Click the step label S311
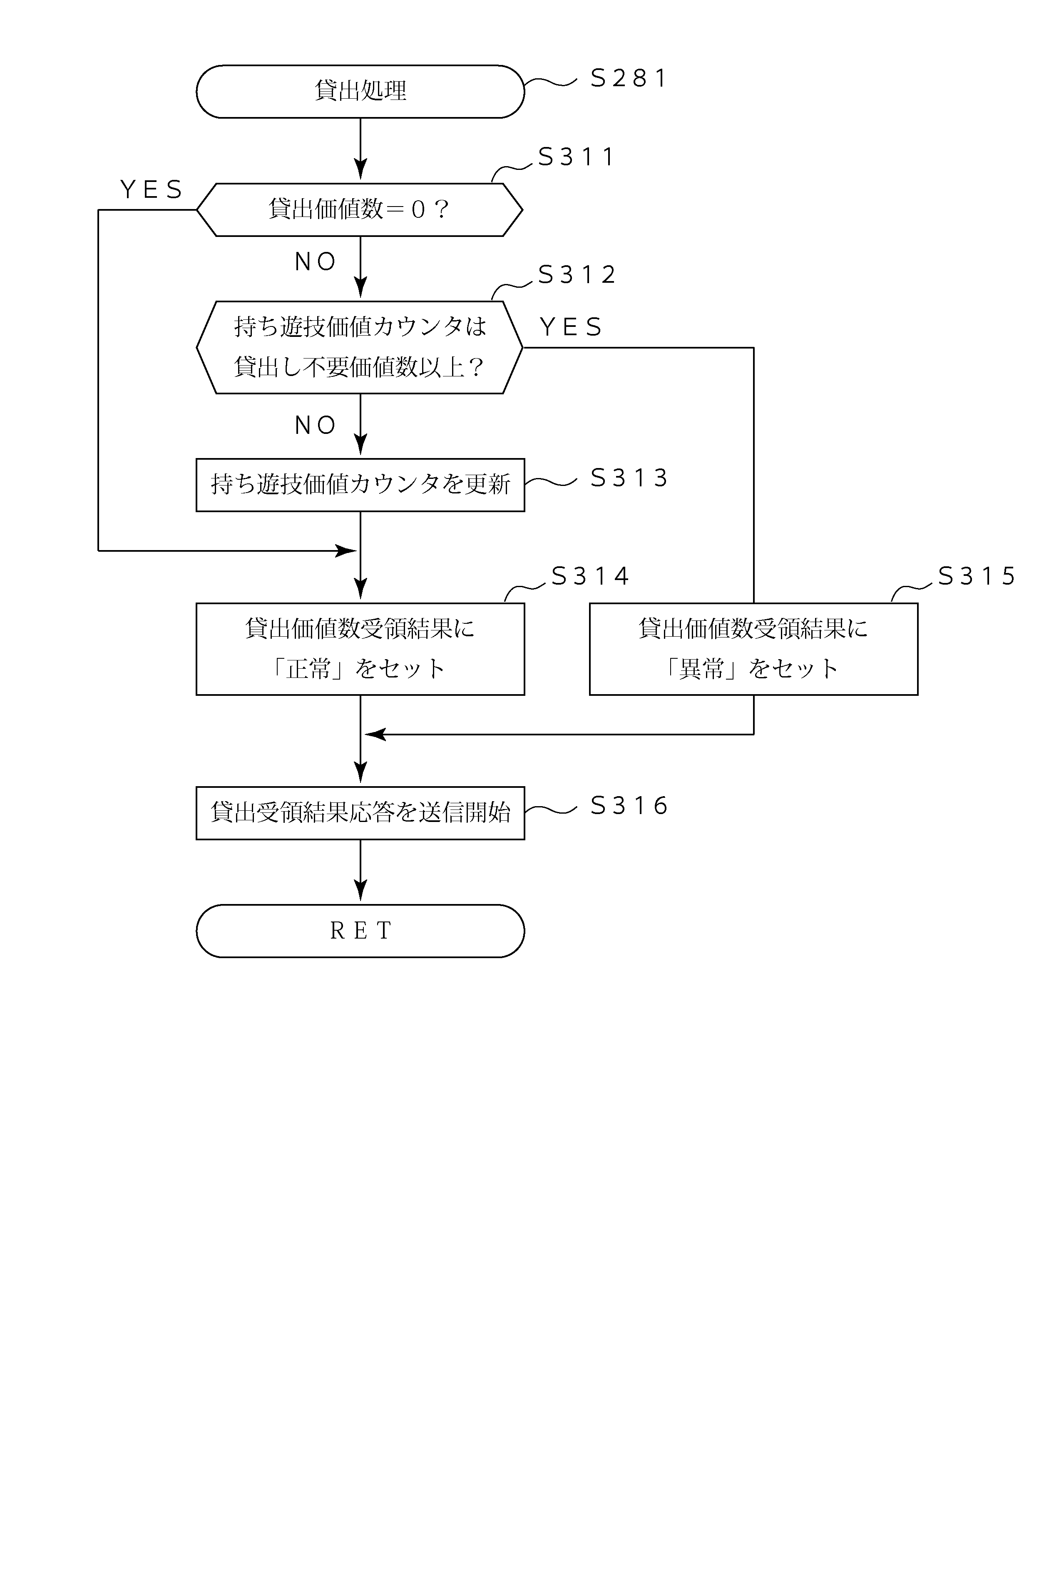(x=576, y=157)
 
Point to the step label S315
(x=976, y=576)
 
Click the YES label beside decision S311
(x=151, y=190)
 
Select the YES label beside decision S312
(x=571, y=327)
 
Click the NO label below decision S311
(x=315, y=262)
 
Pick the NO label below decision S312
(x=315, y=426)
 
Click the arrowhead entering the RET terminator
(x=360, y=892)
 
